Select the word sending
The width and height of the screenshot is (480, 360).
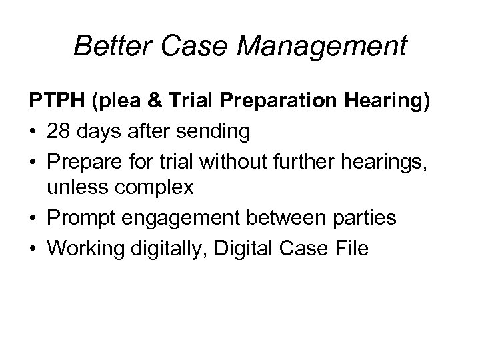click(217, 133)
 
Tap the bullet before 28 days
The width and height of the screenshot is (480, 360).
click(33, 133)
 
